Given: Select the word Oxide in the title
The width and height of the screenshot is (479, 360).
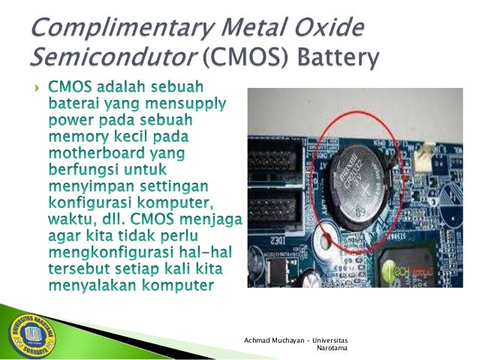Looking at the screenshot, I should tap(329, 29).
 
